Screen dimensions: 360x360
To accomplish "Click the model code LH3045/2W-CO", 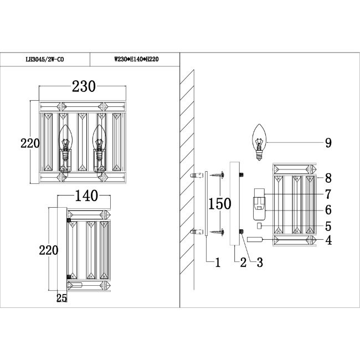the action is (x=45, y=59).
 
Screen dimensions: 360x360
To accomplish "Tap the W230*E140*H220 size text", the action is (x=136, y=59).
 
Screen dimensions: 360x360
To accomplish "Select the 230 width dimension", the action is (x=84, y=86).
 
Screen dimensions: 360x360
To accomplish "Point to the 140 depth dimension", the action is (x=86, y=196).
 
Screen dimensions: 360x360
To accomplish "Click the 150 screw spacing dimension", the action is (x=219, y=204).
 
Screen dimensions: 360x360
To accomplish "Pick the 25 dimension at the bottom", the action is (x=61, y=298).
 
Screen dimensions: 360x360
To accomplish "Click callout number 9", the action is (x=328, y=143).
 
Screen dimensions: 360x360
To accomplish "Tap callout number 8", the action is (x=328, y=178).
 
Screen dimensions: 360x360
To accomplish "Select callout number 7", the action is (x=328, y=194).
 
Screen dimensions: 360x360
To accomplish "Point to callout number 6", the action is (x=328, y=210).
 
